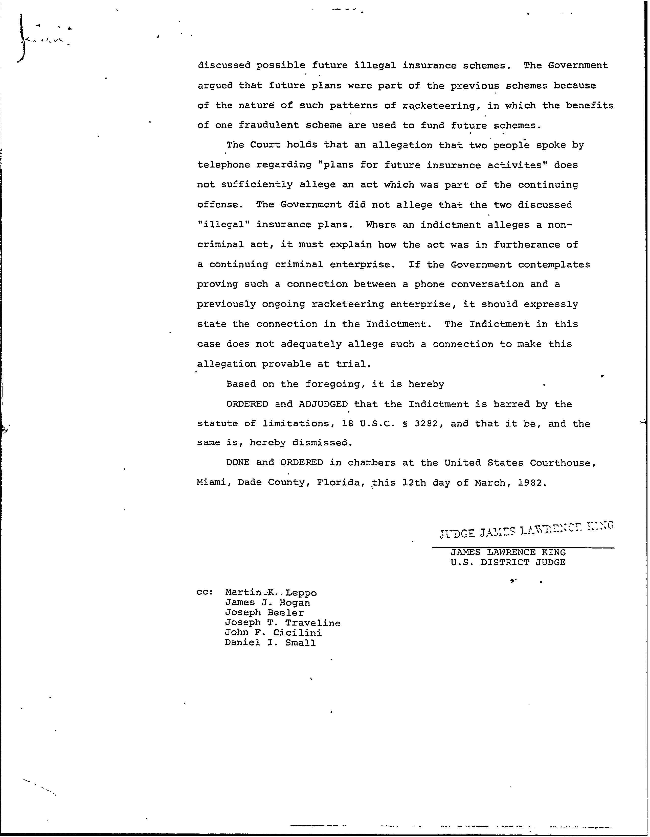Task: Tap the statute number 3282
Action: click(426, 424)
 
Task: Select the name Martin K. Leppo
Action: click(271, 593)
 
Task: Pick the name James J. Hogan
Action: click(267, 603)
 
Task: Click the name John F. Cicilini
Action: click(273, 633)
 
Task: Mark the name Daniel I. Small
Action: click(270, 643)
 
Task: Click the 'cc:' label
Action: click(205, 592)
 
